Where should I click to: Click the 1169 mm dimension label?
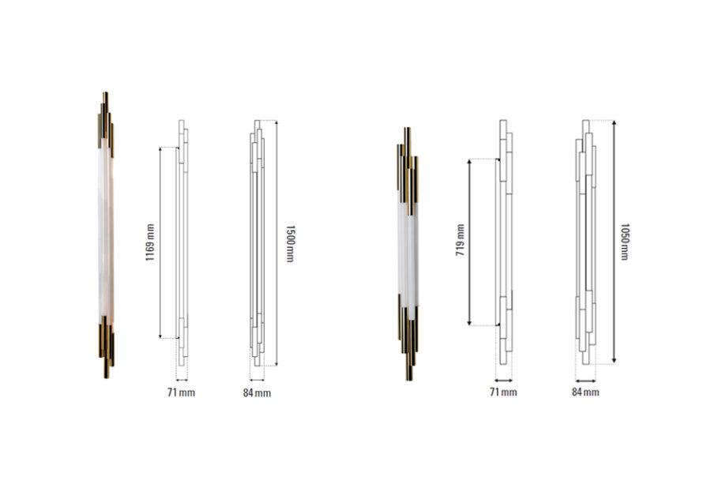pyautogui.click(x=149, y=242)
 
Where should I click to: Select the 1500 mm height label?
pyautogui.click(x=290, y=243)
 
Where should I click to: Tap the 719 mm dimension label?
pyautogui.click(x=461, y=240)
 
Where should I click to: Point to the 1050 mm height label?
pyautogui.click(x=624, y=242)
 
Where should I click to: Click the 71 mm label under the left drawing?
pyautogui.click(x=181, y=392)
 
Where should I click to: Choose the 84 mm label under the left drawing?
pyautogui.click(x=257, y=393)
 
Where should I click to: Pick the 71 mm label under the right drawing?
pyautogui.click(x=503, y=392)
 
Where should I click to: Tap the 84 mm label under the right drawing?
pyautogui.click(x=585, y=392)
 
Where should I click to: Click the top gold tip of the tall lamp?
pyautogui.click(x=105, y=93)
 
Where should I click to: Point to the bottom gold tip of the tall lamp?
pyautogui.click(x=106, y=377)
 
